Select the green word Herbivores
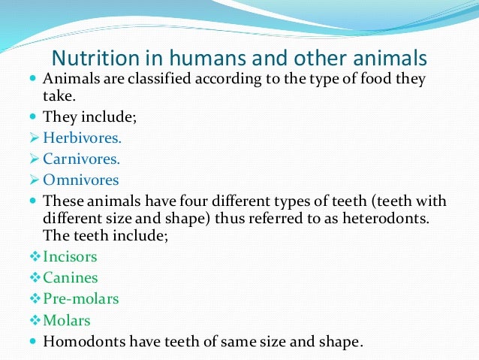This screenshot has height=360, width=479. tap(82, 138)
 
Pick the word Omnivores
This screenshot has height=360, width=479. tap(80, 180)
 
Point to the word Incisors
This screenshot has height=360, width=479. tap(70, 257)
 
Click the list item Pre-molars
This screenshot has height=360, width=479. tap(80, 299)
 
